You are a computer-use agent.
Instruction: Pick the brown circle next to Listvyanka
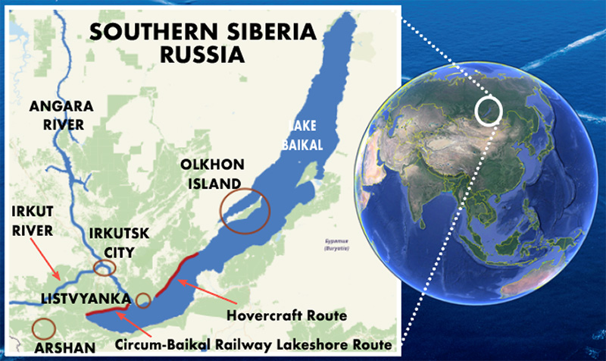(x=142, y=300)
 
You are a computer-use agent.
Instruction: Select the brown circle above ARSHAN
(x=45, y=328)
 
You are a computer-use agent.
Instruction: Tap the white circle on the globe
(x=488, y=110)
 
